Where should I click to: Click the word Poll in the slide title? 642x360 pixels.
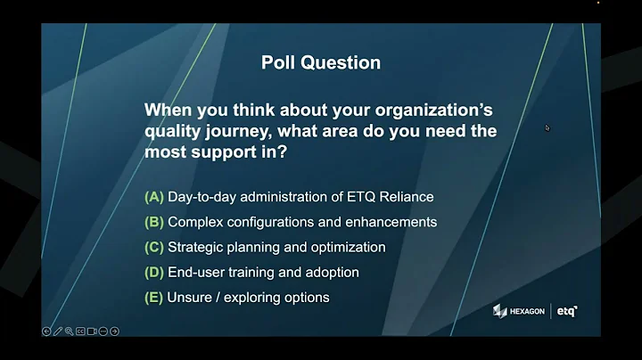coord(277,62)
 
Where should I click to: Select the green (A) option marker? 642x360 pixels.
coord(153,196)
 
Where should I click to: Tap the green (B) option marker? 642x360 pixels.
coord(153,221)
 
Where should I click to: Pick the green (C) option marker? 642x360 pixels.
coord(153,247)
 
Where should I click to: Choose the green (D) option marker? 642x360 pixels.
coord(153,272)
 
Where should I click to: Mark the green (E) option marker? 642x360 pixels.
coord(153,298)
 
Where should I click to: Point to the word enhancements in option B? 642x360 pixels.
coord(392,221)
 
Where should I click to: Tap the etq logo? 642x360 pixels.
coord(567,311)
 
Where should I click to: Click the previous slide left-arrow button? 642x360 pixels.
coord(47,331)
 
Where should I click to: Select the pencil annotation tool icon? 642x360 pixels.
coord(58,331)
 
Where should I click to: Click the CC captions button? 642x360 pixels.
coord(80,331)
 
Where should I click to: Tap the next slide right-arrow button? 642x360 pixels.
coord(114,331)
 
